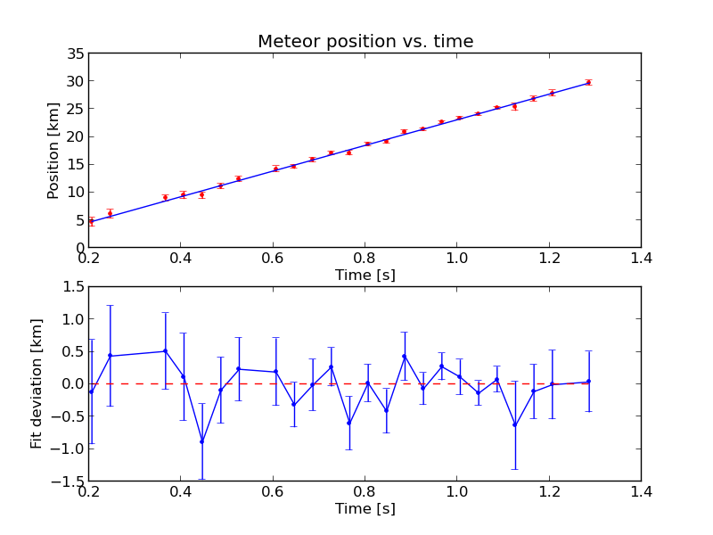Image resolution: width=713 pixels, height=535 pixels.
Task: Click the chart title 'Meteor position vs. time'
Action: (x=365, y=42)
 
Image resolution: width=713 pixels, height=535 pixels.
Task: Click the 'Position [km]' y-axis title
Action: (x=53, y=150)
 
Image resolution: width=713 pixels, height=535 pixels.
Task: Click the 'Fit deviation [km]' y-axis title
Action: (x=37, y=383)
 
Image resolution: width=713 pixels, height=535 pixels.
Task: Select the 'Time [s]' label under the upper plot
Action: (x=365, y=276)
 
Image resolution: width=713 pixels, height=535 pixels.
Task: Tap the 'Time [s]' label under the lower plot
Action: (x=365, y=508)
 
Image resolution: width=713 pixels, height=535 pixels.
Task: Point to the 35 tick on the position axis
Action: (x=75, y=54)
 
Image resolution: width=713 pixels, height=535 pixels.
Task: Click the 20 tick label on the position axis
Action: (x=75, y=136)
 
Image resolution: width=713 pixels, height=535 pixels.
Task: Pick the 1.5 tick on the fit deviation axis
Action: (x=71, y=286)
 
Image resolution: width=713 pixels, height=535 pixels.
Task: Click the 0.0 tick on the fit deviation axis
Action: (x=71, y=383)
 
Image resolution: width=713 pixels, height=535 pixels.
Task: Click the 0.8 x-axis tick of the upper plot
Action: (x=365, y=259)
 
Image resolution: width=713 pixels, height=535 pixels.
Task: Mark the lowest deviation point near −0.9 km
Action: (x=201, y=441)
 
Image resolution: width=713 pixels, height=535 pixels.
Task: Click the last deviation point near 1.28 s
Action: (x=588, y=382)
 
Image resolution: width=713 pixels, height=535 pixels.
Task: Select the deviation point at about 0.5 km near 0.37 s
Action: (x=165, y=351)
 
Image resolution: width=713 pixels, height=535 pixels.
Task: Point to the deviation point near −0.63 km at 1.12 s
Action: (x=514, y=424)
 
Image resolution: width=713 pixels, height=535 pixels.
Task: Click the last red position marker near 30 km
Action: (x=588, y=82)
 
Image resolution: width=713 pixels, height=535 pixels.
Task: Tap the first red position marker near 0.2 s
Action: (x=91, y=221)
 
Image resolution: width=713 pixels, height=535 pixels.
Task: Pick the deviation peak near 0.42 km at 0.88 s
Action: (x=404, y=356)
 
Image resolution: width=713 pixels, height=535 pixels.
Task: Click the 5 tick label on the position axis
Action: (x=78, y=219)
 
